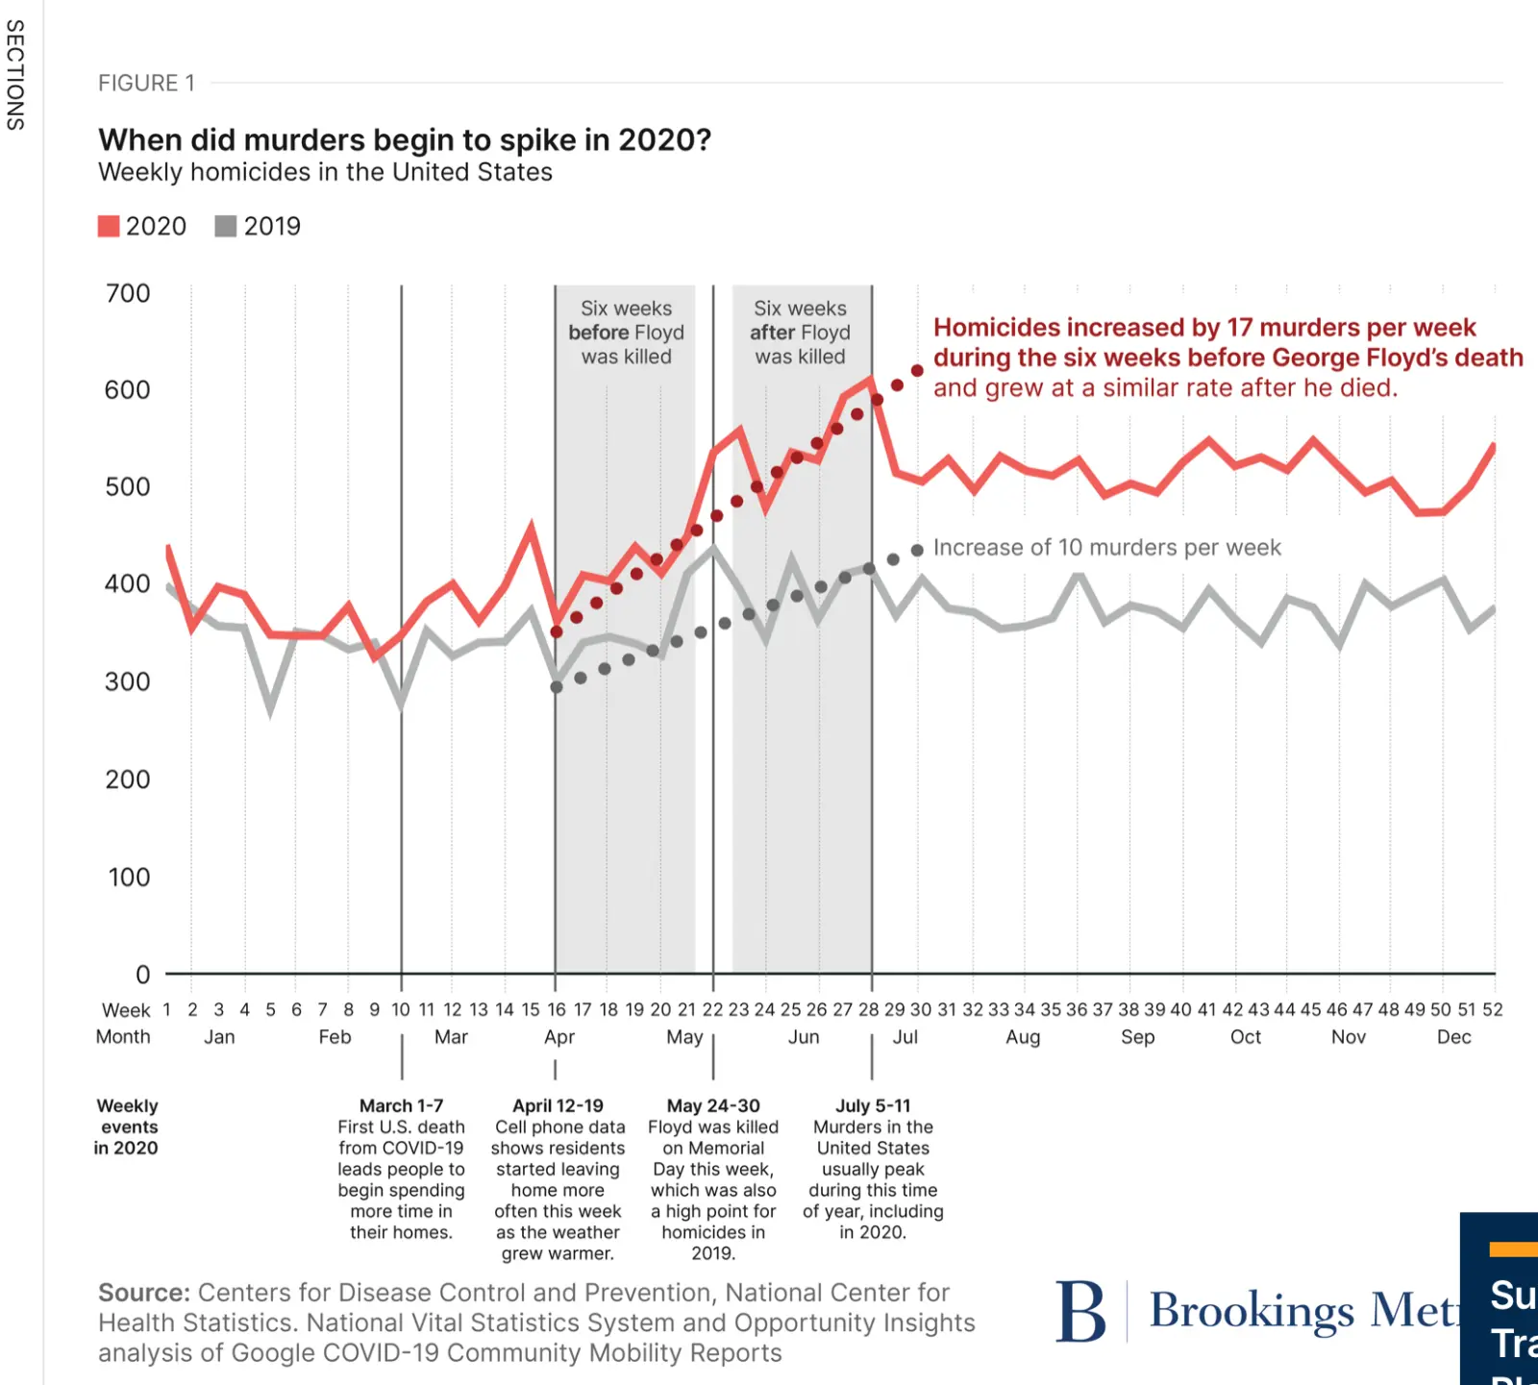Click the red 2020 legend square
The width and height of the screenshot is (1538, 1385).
point(109,226)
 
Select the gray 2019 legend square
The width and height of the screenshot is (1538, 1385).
point(226,226)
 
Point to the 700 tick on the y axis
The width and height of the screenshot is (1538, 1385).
point(128,293)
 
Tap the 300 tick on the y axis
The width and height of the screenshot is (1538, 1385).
point(128,681)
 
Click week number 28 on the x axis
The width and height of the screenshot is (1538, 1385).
point(869,1009)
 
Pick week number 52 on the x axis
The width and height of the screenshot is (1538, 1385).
point(1492,1009)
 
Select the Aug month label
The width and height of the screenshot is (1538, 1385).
point(1023,1037)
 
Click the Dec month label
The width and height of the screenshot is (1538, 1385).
point(1453,1037)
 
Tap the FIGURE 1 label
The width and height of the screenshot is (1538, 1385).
point(146,84)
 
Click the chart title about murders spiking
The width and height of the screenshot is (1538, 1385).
point(405,140)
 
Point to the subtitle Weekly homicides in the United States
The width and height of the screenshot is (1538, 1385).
point(325,173)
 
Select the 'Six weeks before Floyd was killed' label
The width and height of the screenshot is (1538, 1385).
point(626,333)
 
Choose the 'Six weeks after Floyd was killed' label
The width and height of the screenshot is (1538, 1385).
point(800,333)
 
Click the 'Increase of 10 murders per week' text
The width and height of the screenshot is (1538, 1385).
point(1106,548)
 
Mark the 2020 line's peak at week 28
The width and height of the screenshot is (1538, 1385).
point(871,381)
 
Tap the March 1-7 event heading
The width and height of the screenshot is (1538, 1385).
point(401,1106)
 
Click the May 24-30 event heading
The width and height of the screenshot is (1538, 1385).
point(713,1106)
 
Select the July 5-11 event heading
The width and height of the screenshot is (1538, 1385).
point(873,1106)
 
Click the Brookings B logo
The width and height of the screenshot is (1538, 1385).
point(1080,1312)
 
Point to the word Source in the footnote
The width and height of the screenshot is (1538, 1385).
point(143,1294)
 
